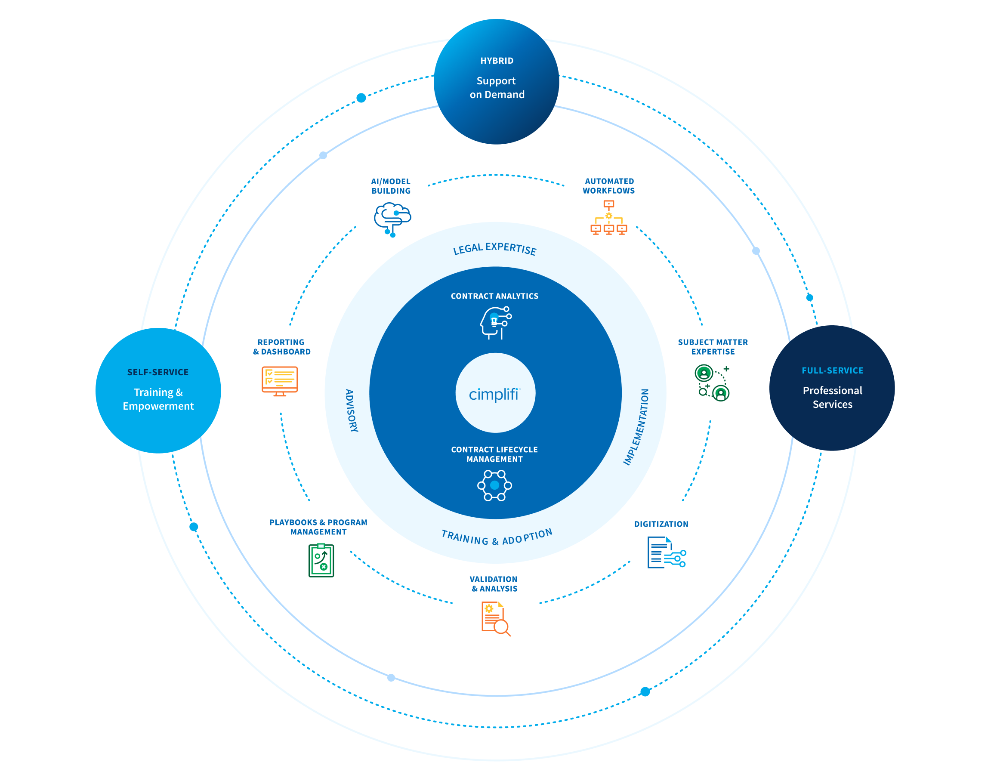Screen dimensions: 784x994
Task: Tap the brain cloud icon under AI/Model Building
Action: (x=392, y=219)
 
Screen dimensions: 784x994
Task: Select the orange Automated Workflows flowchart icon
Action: (x=608, y=218)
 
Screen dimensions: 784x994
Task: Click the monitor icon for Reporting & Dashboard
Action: (x=279, y=380)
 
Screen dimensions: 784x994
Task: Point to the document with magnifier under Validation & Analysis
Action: (x=495, y=618)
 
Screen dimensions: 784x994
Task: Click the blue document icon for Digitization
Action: (x=665, y=552)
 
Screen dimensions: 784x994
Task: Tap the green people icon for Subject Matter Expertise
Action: (x=711, y=382)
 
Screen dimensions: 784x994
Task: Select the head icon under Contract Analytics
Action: (x=495, y=322)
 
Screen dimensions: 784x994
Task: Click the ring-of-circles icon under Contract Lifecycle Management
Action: (x=494, y=485)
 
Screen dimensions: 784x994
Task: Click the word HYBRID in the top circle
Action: (x=497, y=61)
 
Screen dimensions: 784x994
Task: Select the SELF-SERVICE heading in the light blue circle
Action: (x=157, y=372)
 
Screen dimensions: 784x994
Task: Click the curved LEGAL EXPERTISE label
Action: (x=494, y=248)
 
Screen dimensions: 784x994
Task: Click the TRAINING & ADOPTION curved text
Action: (x=496, y=537)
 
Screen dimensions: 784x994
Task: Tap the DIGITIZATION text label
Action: (x=661, y=524)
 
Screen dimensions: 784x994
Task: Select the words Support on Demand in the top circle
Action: (x=497, y=87)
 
